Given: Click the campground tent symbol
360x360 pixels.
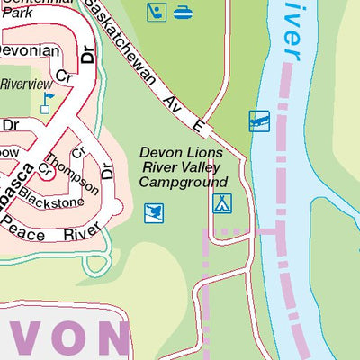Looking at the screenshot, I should tap(221, 203).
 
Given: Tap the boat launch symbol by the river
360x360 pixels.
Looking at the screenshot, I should tap(259, 121).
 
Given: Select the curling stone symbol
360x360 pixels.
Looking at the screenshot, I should tap(183, 13).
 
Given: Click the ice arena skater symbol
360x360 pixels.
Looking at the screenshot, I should tap(157, 13).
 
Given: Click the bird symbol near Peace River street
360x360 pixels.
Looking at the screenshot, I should tap(154, 213).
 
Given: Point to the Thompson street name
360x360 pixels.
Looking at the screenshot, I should tap(75, 171).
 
